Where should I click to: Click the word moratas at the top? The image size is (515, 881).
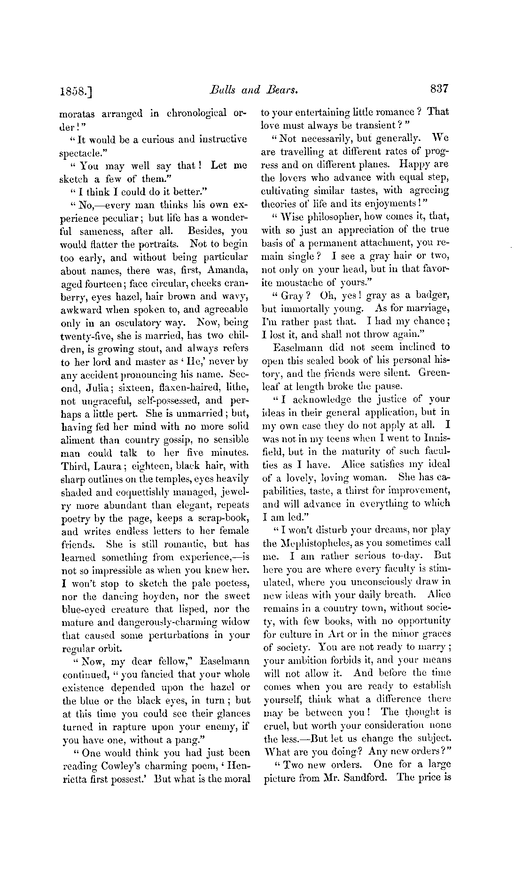78,113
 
